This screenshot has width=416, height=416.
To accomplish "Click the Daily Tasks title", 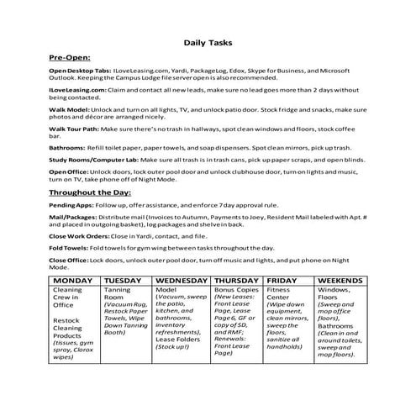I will point(208,41).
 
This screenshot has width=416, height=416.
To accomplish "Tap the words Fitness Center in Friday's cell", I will point(280,294).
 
